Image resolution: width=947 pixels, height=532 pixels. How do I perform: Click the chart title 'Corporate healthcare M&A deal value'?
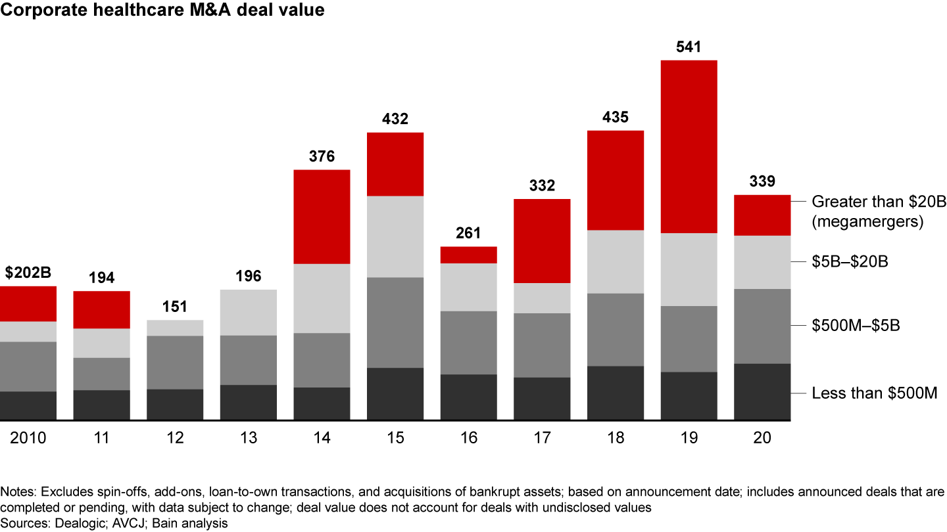[162, 10]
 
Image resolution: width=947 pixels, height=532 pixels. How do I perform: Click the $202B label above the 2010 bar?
[28, 273]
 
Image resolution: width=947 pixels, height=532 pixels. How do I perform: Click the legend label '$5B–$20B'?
[850, 262]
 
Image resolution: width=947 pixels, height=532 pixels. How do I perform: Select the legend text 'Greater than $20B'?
[879, 202]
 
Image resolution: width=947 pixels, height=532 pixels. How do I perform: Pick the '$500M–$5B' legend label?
[856, 325]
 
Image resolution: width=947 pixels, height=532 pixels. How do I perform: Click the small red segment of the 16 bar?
[468, 255]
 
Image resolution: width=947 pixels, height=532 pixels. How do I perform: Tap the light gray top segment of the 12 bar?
[175, 328]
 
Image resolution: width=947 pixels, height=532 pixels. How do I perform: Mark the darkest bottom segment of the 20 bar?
[762, 391]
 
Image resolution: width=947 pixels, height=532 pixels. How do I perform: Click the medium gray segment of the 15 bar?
[395, 322]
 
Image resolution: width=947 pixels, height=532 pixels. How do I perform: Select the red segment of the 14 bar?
[322, 217]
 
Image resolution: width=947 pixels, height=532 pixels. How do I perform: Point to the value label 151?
[175, 307]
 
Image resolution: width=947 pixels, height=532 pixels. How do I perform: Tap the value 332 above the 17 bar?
[541, 185]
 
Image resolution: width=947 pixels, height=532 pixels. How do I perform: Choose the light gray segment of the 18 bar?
[615, 261]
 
